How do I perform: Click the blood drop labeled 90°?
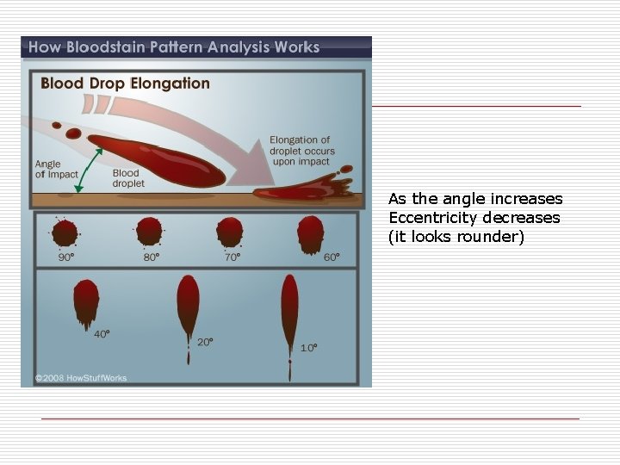65,232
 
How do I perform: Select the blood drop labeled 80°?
149,231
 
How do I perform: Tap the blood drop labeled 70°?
230,231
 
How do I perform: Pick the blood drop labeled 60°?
310,232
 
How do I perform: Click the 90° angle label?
65,257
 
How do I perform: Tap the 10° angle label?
308,348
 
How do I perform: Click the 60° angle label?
332,257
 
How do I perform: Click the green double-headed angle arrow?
89,169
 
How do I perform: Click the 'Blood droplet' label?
128,178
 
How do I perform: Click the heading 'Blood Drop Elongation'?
126,84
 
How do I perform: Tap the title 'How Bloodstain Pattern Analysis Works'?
173,47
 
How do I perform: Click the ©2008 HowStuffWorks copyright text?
77,377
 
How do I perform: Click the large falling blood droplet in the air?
155,158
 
